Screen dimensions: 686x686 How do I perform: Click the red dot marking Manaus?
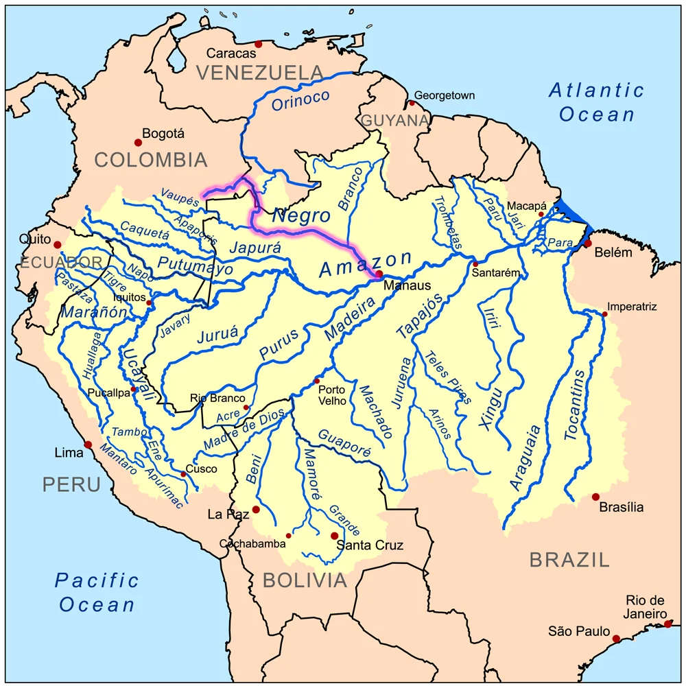[379, 274]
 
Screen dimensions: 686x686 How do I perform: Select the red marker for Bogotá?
[138, 143]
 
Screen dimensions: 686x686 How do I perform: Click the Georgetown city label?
[445, 96]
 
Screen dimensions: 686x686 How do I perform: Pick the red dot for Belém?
[588, 244]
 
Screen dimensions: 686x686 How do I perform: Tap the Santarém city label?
[496, 272]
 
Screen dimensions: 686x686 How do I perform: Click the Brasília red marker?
[595, 497]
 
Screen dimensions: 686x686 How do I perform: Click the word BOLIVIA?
[305, 580]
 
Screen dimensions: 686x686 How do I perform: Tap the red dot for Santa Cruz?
[334, 536]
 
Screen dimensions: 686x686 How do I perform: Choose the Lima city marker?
[88, 445]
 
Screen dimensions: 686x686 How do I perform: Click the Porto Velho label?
[334, 394]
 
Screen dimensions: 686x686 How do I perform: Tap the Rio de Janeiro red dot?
[668, 624]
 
